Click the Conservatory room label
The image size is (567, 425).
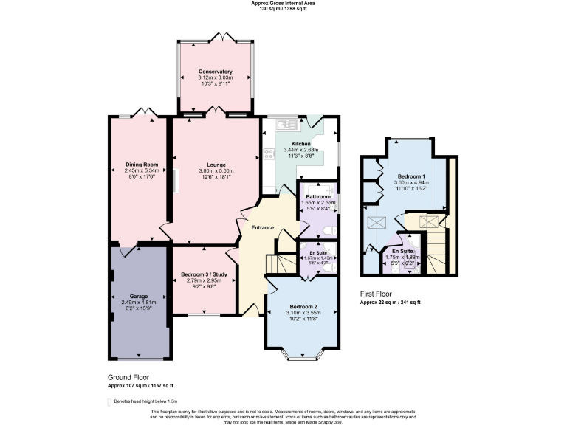coord(215,72)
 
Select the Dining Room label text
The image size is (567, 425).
coord(141,164)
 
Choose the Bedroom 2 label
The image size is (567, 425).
coord(303,306)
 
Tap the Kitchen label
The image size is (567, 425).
coord(300,143)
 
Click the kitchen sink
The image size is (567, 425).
coord(282,123)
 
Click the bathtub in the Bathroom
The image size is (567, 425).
coord(319,189)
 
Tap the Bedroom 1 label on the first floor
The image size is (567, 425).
coord(411,177)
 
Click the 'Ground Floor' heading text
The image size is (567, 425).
coord(128,376)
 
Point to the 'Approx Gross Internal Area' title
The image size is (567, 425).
coord(283,3)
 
